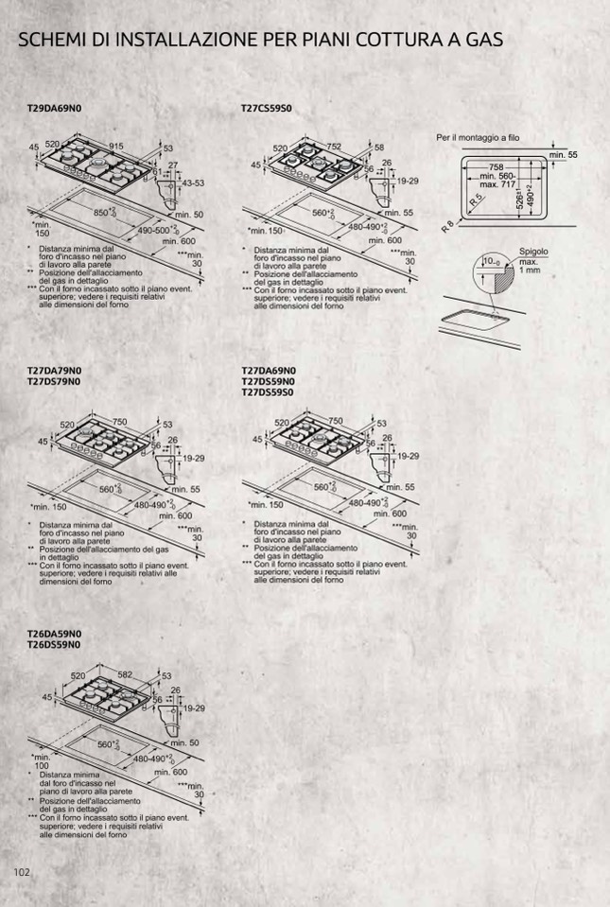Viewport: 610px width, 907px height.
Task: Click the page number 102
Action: pos(22,871)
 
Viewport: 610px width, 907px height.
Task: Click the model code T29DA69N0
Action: pos(56,109)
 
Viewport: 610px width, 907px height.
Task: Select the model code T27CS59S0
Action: pos(267,109)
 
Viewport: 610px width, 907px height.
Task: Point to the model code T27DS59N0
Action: pos(269,381)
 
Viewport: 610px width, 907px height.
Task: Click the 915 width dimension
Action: pos(116,146)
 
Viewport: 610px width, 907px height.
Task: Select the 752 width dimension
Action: pos(334,147)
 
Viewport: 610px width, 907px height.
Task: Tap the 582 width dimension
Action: pos(125,675)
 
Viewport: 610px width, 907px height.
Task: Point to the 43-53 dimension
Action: pos(193,183)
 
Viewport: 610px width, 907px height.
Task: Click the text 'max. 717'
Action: pos(497,184)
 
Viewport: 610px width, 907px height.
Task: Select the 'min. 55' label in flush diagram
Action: pos(563,154)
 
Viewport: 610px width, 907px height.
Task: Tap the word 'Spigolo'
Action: pos(533,252)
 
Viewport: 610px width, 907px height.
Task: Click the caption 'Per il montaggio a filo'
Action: pos(478,138)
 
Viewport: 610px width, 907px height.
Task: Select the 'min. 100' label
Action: pos(41,760)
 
